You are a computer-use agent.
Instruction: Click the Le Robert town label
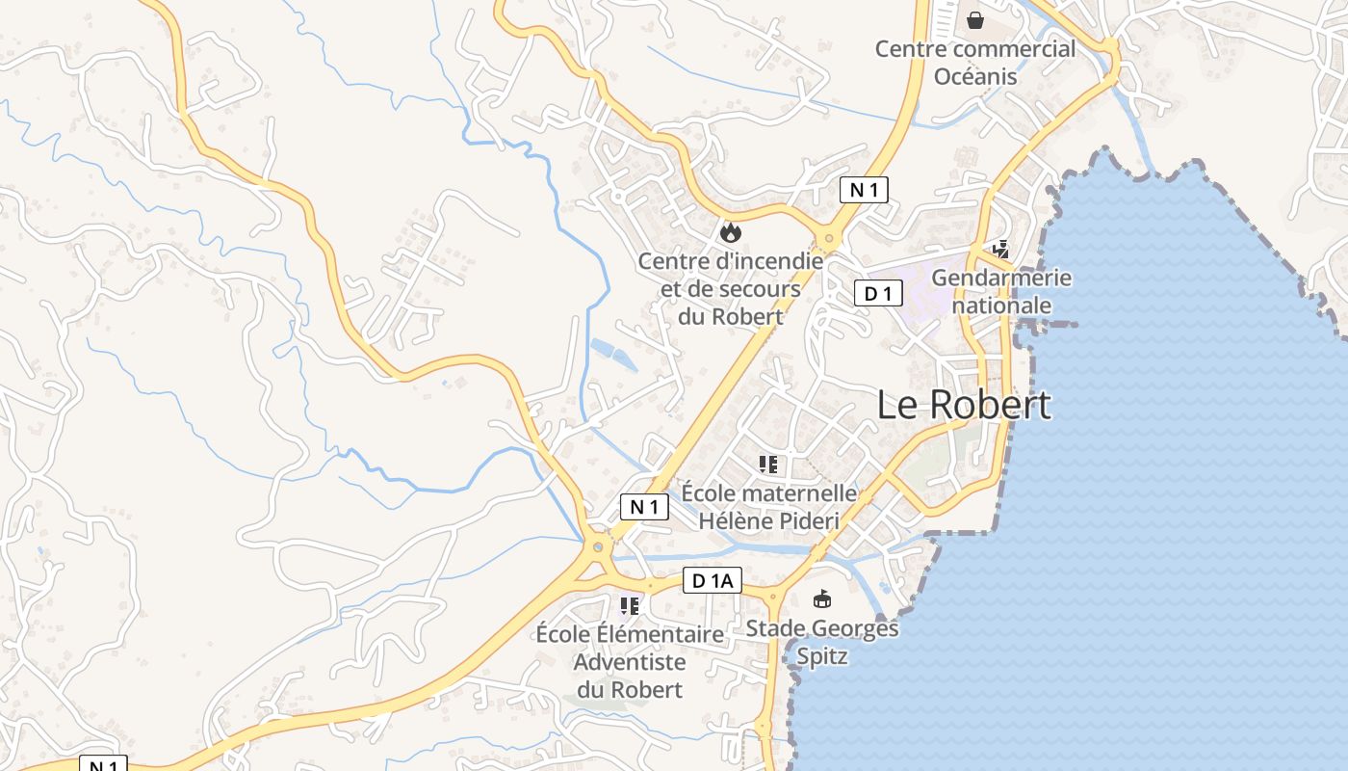point(964,405)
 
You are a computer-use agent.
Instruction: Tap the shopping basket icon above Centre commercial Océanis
point(975,19)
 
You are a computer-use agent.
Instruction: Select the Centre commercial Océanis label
point(975,62)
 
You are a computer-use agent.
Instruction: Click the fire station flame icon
point(730,231)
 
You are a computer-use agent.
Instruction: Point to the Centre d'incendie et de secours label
point(731,287)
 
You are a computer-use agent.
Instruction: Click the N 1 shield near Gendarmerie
point(863,190)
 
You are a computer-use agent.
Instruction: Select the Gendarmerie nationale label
point(1001,291)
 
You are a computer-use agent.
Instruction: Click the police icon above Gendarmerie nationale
point(1001,250)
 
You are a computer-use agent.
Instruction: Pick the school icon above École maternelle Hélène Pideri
point(768,465)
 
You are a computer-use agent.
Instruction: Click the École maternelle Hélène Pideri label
point(768,506)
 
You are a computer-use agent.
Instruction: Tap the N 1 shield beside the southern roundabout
point(644,506)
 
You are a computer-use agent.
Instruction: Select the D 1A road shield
point(713,580)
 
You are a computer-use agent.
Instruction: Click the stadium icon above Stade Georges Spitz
point(822,599)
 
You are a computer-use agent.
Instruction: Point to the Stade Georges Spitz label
point(822,642)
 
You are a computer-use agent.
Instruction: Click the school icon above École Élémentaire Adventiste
point(630,605)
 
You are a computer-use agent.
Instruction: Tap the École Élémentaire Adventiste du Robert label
point(630,661)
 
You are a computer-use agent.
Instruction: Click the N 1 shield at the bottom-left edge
point(102,763)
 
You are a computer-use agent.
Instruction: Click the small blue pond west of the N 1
point(612,354)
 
